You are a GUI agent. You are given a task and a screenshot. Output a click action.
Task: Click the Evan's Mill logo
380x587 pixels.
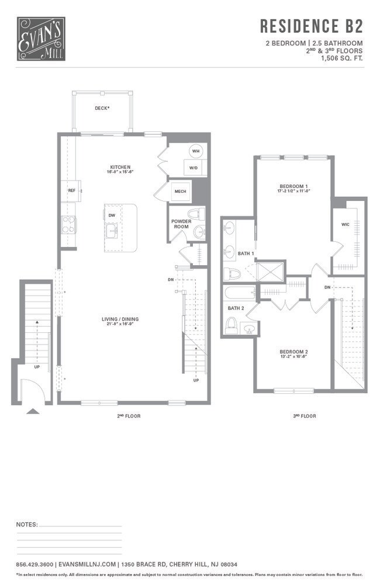(x=40, y=39)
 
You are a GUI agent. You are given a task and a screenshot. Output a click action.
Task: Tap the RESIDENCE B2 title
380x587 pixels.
(x=311, y=26)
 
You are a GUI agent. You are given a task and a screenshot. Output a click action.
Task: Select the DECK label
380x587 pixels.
(x=102, y=108)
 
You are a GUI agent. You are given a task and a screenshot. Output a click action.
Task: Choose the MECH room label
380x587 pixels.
(x=179, y=191)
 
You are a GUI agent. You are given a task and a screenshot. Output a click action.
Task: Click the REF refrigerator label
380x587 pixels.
(x=72, y=190)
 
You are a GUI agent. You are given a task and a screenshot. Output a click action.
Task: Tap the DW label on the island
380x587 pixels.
(x=111, y=214)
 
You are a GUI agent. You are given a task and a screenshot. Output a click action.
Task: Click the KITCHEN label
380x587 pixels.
(x=120, y=167)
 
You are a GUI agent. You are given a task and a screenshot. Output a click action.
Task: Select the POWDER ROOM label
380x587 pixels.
(x=181, y=224)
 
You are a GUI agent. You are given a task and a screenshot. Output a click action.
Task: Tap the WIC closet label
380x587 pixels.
(x=345, y=224)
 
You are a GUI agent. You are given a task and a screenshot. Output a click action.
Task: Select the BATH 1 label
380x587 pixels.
(x=245, y=253)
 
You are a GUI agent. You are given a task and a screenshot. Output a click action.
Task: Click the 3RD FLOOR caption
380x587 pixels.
(x=304, y=416)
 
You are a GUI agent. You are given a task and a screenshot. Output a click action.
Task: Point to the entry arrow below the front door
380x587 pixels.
(x=33, y=411)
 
